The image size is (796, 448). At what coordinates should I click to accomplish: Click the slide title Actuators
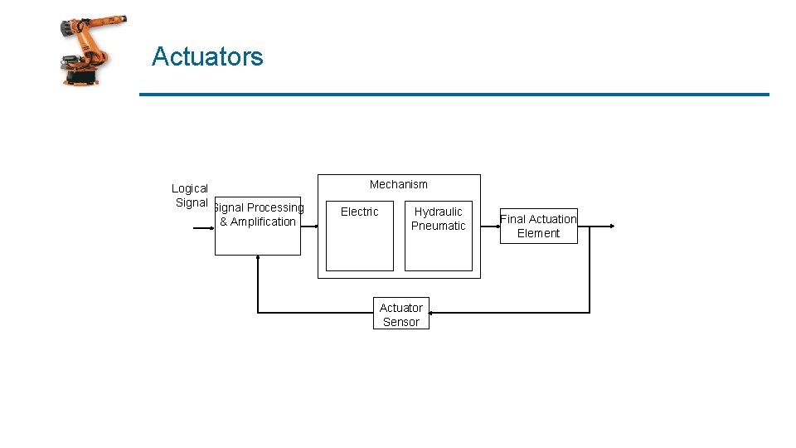[x=207, y=57]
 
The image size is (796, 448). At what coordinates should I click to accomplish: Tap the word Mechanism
[x=398, y=184]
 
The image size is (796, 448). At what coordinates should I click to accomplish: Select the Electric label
[x=359, y=212]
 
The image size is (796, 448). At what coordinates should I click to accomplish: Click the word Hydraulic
[x=438, y=212]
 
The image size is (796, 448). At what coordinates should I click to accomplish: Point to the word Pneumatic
[x=438, y=226]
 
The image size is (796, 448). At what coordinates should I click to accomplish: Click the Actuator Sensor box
[x=401, y=314]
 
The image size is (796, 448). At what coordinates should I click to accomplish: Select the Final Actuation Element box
[x=538, y=226]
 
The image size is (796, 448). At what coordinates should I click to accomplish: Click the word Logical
[x=189, y=188]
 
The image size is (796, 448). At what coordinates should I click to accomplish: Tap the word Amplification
[x=263, y=222]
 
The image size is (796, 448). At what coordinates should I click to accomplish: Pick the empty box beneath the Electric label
[x=359, y=246]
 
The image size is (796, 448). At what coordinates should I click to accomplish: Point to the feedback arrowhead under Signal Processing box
[x=258, y=258]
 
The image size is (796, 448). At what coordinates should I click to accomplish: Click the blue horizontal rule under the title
[x=454, y=95]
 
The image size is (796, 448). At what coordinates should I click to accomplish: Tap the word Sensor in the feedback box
[x=401, y=322]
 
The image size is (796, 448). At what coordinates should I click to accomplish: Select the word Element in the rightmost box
[x=538, y=233]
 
